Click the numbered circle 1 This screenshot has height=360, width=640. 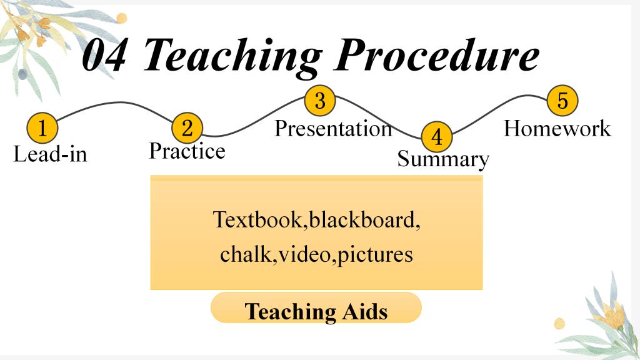point(42,127)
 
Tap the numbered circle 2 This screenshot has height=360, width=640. point(187,127)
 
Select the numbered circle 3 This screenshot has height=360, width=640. point(320,100)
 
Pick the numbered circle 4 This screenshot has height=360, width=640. point(437,137)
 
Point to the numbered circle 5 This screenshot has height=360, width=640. point(562,100)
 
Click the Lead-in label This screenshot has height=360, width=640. point(50,154)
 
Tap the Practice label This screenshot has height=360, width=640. point(187,151)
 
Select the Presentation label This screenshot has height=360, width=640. point(334,129)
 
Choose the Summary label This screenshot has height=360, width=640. point(443,159)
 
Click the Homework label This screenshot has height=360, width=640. point(557,129)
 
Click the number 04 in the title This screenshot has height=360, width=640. point(104,55)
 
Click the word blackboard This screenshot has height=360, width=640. point(363,219)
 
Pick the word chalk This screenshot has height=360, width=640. point(246,254)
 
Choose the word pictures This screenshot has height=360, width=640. point(375,255)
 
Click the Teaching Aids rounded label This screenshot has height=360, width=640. point(316,307)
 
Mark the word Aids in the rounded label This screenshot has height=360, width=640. point(364,311)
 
